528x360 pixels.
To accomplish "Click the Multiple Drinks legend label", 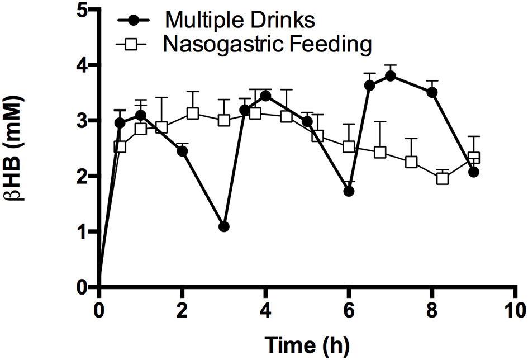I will point(241,20).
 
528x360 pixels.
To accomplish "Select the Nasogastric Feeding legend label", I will point(267,45).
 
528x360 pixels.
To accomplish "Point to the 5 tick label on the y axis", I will point(83,10).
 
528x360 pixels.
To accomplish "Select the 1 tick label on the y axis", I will point(83,232).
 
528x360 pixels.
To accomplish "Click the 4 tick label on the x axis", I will point(266,308).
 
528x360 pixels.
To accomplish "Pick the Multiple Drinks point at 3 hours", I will point(224,226).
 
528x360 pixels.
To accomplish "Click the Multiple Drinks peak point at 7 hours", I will point(391,77).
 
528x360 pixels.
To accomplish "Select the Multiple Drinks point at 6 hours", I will point(349,191).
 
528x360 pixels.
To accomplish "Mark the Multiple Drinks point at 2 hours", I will point(182,151).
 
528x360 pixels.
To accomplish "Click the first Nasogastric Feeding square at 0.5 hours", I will point(120,147).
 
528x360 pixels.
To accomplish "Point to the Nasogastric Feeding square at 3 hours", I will point(224,120).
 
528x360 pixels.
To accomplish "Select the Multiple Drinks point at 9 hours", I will point(474,172).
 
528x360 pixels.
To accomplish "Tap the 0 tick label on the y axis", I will point(83,287).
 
